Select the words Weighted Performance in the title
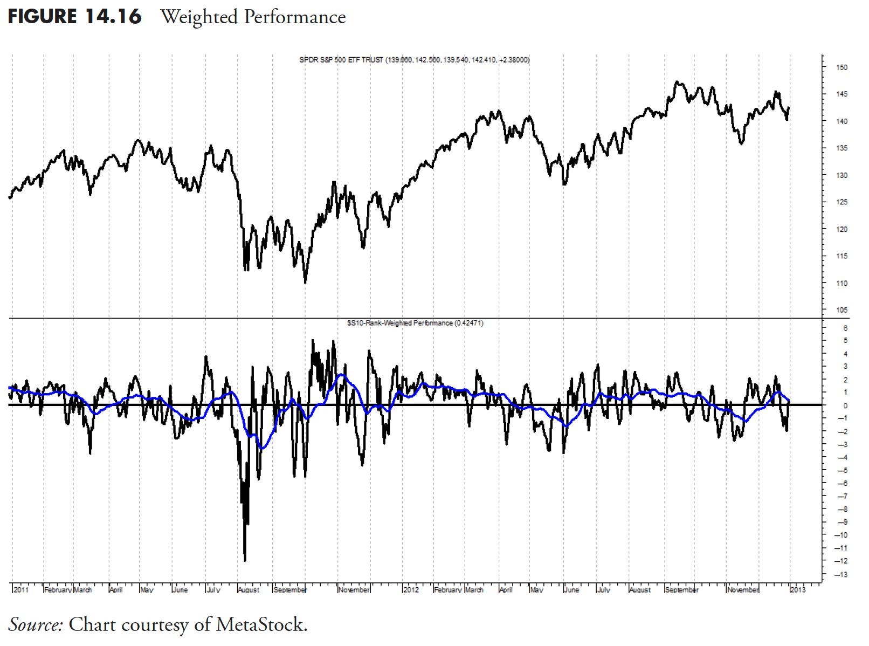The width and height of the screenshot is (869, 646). tap(253, 17)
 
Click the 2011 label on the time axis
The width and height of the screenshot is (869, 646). tap(20, 590)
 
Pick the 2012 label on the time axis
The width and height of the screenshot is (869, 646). tap(411, 590)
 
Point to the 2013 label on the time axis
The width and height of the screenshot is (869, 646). tap(798, 590)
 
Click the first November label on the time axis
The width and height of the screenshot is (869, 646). tap(354, 590)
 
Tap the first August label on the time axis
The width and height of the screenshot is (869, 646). tap(249, 590)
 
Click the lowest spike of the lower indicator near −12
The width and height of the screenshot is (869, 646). tap(245, 560)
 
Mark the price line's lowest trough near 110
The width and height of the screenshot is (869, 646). tap(305, 281)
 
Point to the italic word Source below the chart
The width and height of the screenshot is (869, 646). tap(36, 624)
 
